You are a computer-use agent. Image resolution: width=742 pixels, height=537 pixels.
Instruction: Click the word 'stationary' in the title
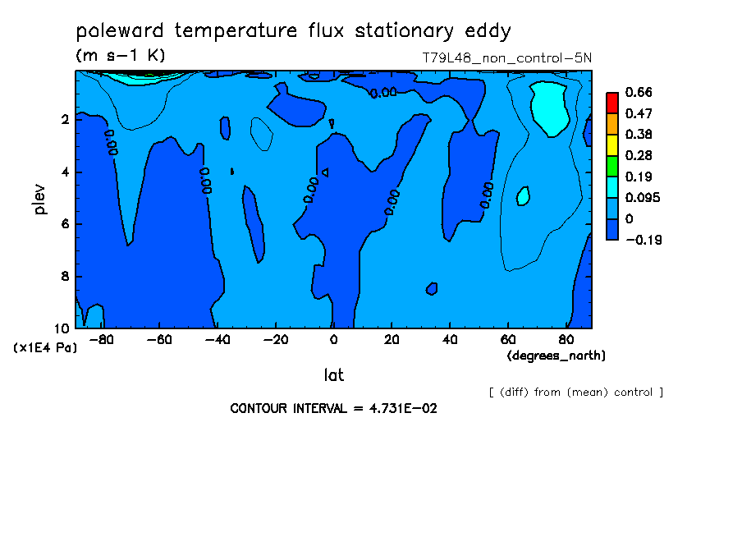[x=404, y=31]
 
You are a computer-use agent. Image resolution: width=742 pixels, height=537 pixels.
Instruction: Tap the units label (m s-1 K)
[x=121, y=56]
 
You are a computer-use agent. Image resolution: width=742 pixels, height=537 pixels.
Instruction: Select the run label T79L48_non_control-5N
[x=506, y=58]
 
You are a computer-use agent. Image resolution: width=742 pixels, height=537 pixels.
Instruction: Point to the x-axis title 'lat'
[x=333, y=375]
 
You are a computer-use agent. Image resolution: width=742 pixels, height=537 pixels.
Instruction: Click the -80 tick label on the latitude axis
[x=102, y=340]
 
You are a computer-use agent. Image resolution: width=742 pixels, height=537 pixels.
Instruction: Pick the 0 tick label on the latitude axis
[x=333, y=340]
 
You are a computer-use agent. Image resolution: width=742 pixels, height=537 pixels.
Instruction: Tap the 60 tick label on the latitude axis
[x=508, y=340]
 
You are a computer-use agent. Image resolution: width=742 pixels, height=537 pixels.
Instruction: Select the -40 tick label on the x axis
[x=218, y=340]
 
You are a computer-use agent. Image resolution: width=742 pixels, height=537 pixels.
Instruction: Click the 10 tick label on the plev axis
[x=62, y=328]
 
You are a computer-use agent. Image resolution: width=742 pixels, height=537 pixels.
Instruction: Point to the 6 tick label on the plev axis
[x=66, y=223]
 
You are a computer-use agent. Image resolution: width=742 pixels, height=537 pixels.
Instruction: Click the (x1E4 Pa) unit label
[x=45, y=348]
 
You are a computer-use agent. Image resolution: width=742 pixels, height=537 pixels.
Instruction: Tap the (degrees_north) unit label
[x=556, y=356]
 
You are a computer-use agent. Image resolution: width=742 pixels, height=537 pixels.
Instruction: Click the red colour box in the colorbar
[x=612, y=103]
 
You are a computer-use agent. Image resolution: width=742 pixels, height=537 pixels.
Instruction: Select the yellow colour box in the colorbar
[x=612, y=145]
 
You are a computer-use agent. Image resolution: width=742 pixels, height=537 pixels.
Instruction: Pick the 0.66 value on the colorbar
[x=639, y=92]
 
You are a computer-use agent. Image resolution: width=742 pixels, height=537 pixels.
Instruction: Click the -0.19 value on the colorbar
[x=644, y=240]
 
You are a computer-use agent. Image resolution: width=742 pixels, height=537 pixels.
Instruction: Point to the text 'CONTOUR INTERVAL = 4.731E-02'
[x=333, y=409]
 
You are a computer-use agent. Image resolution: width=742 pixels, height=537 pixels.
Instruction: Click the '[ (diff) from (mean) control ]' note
[x=576, y=392]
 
